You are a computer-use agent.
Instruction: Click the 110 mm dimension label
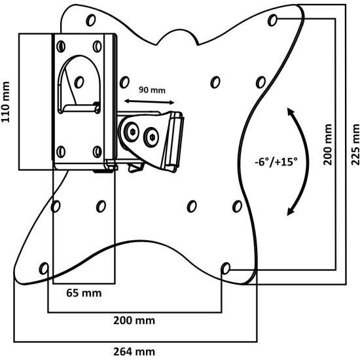click(x=5, y=102)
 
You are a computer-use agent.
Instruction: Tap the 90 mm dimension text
click(x=152, y=90)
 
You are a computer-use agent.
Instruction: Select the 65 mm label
click(x=84, y=293)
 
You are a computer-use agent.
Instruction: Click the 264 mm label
click(x=134, y=351)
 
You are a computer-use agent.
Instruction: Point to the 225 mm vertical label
click(x=355, y=145)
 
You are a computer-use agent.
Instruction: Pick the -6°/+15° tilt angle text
click(x=276, y=162)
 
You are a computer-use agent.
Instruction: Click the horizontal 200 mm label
click(x=134, y=321)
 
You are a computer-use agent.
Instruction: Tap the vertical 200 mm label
click(x=328, y=145)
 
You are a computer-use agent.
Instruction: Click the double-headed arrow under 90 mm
click(x=149, y=101)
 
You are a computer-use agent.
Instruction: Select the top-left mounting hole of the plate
click(x=91, y=20)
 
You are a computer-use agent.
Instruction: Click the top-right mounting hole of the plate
click(x=272, y=20)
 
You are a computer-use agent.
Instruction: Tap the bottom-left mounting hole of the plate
click(x=44, y=268)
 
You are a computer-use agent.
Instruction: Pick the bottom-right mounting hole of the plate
click(x=225, y=268)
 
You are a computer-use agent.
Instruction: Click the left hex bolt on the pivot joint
click(x=132, y=132)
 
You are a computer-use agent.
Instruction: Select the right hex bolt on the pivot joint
click(x=152, y=137)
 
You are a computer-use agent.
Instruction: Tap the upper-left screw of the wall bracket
click(x=61, y=46)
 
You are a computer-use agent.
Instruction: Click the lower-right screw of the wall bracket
click(x=98, y=152)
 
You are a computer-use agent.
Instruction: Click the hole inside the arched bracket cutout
click(x=79, y=82)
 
